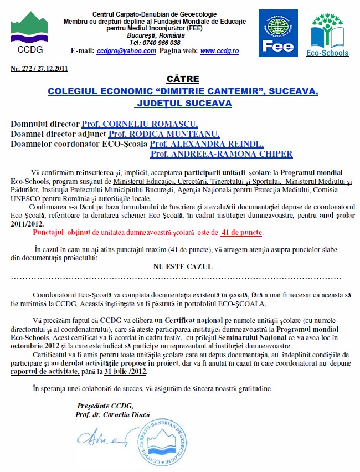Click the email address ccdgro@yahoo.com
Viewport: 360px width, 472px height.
click(126, 50)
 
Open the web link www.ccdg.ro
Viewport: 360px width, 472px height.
click(219, 50)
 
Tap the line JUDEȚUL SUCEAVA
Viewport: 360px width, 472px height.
click(183, 103)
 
